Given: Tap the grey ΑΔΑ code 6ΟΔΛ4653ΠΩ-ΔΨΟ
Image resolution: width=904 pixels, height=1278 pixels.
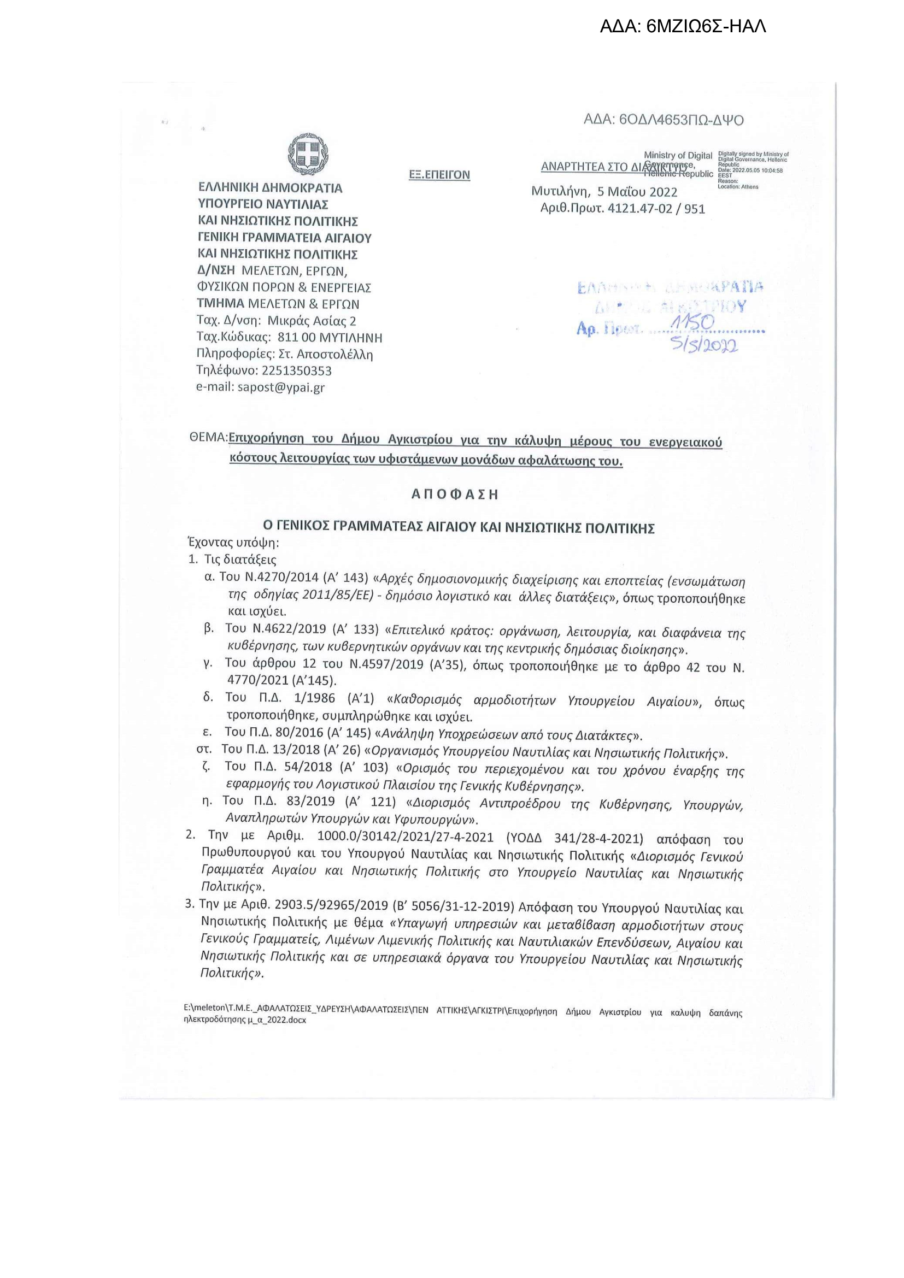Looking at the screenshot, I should tap(664, 120).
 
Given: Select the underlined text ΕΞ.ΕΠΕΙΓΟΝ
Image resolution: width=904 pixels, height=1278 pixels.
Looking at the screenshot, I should tap(439, 175).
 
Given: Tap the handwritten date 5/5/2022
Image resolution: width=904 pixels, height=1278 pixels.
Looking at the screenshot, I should tap(705, 345).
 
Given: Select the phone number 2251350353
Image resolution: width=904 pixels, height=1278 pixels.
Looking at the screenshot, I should tap(296, 370).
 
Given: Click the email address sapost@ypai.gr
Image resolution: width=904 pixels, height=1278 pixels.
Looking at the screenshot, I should tap(281, 387).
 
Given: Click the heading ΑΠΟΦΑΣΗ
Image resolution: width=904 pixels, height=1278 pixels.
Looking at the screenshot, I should tap(455, 494).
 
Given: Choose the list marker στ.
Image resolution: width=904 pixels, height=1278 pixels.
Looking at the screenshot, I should tap(204, 749).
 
